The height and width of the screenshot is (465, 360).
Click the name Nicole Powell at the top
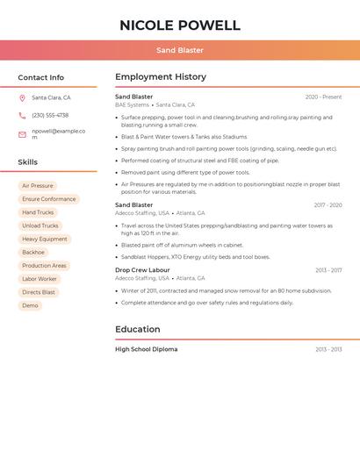[x=180, y=25]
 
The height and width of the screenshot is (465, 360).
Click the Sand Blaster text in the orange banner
[x=180, y=50]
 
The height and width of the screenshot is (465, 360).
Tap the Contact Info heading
[x=41, y=77]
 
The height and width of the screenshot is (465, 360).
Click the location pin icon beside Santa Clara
[x=22, y=98]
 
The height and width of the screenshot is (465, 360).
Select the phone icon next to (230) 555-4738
[x=22, y=116]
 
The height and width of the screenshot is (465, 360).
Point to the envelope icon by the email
[x=22, y=134]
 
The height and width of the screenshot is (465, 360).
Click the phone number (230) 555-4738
[x=50, y=115]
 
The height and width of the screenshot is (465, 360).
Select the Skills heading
[x=28, y=162]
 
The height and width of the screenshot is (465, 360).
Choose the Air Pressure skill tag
[x=38, y=186]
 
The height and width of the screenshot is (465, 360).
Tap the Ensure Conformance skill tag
[x=49, y=199]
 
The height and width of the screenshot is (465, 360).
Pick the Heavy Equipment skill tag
[x=45, y=239]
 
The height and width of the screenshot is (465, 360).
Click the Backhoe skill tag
[x=33, y=253]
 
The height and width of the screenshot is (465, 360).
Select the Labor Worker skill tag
[x=40, y=279]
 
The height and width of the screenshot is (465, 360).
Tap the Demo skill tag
[x=31, y=305]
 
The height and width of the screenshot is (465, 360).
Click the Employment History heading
[x=161, y=77]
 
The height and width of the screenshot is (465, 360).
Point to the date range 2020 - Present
[x=323, y=97]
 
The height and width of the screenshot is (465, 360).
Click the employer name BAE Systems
[x=132, y=104]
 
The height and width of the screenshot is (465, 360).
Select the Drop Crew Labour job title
[x=142, y=270]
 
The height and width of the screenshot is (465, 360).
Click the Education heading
[x=138, y=330]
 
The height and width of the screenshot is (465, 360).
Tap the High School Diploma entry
[x=146, y=349]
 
